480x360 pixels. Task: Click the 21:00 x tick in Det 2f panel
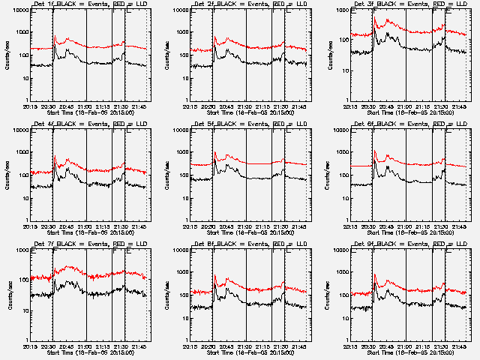(x=246, y=106)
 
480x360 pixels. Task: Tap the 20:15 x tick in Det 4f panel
(x=30, y=226)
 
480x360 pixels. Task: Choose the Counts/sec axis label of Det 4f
(x=7, y=175)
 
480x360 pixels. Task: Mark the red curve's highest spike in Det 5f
(x=216, y=153)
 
